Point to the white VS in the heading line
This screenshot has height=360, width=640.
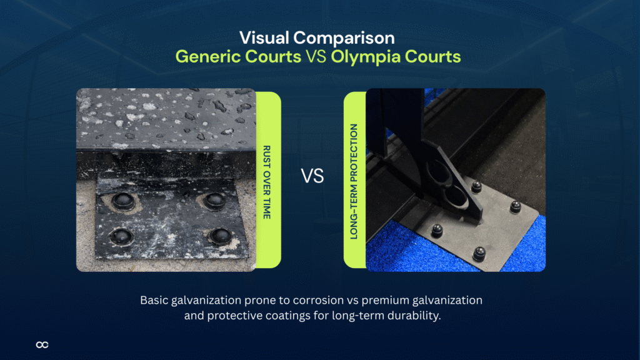315,57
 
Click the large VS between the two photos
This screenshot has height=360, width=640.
312,176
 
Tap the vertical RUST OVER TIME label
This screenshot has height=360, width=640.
267,181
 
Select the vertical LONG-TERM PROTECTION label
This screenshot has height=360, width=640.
354,181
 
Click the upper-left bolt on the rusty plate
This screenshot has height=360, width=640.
121,200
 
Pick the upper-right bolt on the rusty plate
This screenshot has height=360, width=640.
214,199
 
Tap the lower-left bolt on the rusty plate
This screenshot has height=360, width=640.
118,236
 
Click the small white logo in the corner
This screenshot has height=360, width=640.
42,344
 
